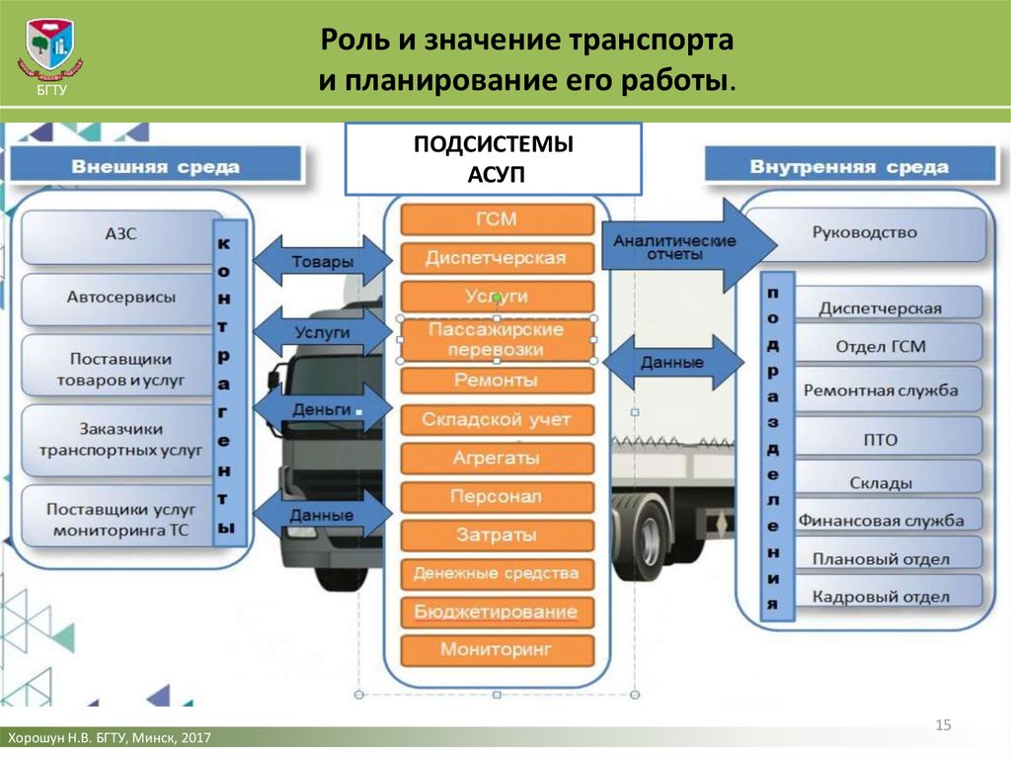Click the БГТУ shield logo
[x=50, y=45]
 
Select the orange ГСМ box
[x=497, y=218]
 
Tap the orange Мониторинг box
[x=497, y=649]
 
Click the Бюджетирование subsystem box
[x=497, y=612]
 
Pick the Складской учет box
[x=497, y=420]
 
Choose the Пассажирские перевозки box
[x=497, y=340]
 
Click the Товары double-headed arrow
[x=323, y=261]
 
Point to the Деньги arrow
[x=323, y=409]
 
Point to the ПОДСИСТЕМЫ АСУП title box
[x=494, y=159]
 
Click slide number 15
[x=943, y=725]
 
